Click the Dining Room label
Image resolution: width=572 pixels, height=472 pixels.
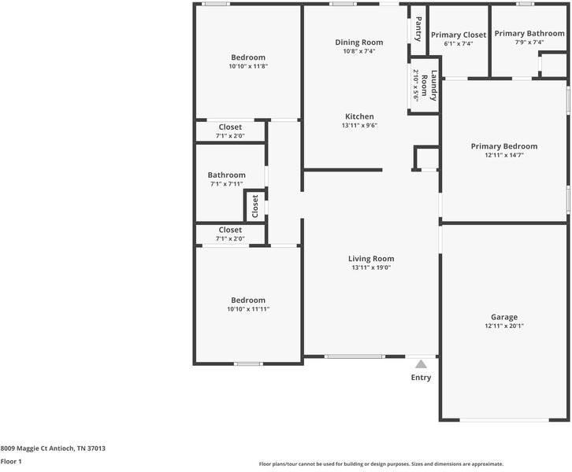coord(358,42)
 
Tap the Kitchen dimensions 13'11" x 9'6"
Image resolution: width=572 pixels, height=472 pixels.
coord(358,125)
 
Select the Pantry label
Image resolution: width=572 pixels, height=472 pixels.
coord(418,29)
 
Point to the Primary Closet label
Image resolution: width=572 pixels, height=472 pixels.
coord(458,35)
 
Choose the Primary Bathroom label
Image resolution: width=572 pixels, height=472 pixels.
coord(529,34)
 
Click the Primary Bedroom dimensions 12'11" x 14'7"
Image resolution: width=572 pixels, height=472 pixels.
coord(503,155)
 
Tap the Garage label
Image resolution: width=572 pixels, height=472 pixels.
coord(503,317)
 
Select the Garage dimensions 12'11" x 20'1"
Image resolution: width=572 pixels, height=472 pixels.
coord(503,326)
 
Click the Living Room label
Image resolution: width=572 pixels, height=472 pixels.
coord(371,259)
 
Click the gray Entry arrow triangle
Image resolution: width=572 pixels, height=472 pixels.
coord(421,364)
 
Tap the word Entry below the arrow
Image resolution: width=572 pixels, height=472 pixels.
coord(421,378)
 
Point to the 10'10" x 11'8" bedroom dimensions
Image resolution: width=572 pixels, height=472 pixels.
coord(248,66)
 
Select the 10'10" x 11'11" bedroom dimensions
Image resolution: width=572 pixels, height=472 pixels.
coord(248,309)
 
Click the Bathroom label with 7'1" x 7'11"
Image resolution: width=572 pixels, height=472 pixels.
coord(226,175)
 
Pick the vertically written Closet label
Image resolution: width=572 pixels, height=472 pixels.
coord(254,207)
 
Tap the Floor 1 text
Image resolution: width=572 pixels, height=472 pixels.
coord(11,462)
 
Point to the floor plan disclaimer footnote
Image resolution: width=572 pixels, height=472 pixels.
coord(381,464)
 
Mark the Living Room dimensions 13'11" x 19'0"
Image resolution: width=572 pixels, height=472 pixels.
coord(371,267)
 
